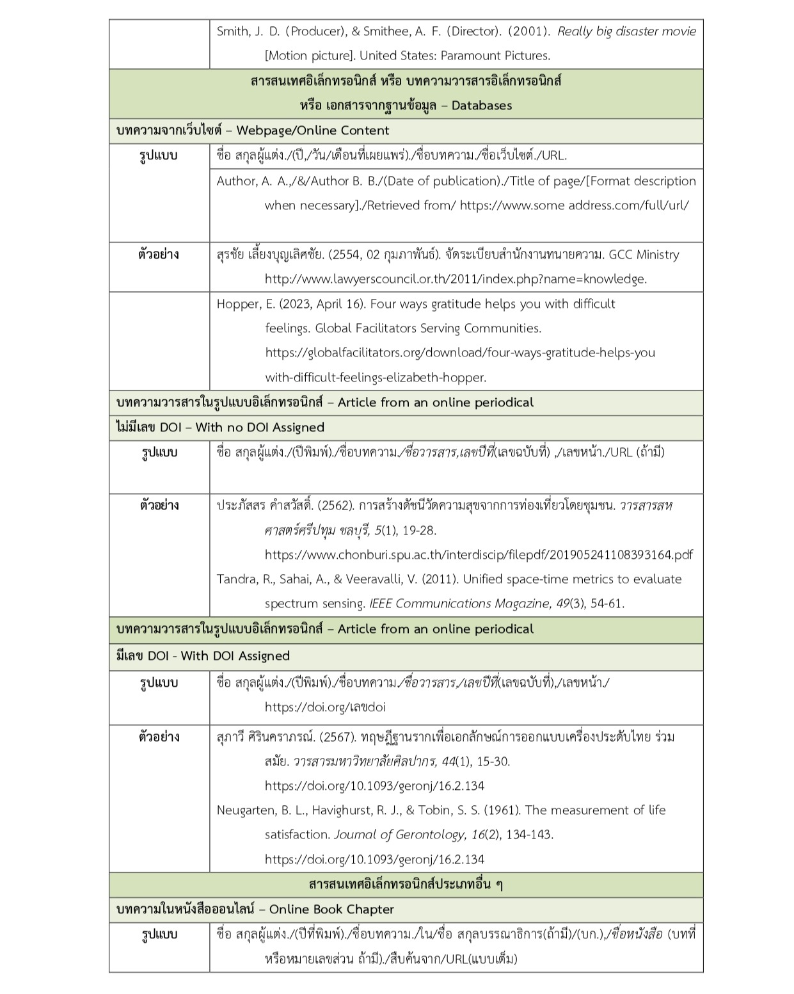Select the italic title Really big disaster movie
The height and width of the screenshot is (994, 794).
pos(626,31)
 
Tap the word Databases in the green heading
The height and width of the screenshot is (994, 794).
pos(481,106)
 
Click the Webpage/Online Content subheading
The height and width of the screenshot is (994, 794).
pos(312,131)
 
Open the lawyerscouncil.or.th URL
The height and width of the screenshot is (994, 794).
pos(456,279)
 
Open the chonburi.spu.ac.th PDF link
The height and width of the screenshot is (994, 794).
pos(479,555)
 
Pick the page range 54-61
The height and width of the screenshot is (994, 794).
pos(606,604)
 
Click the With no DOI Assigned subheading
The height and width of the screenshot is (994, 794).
pos(259,428)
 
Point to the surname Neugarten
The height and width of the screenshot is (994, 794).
pos(246,810)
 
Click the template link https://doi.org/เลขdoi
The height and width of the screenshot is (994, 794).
pos(325,707)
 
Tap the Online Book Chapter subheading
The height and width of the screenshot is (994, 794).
pos(331,910)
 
